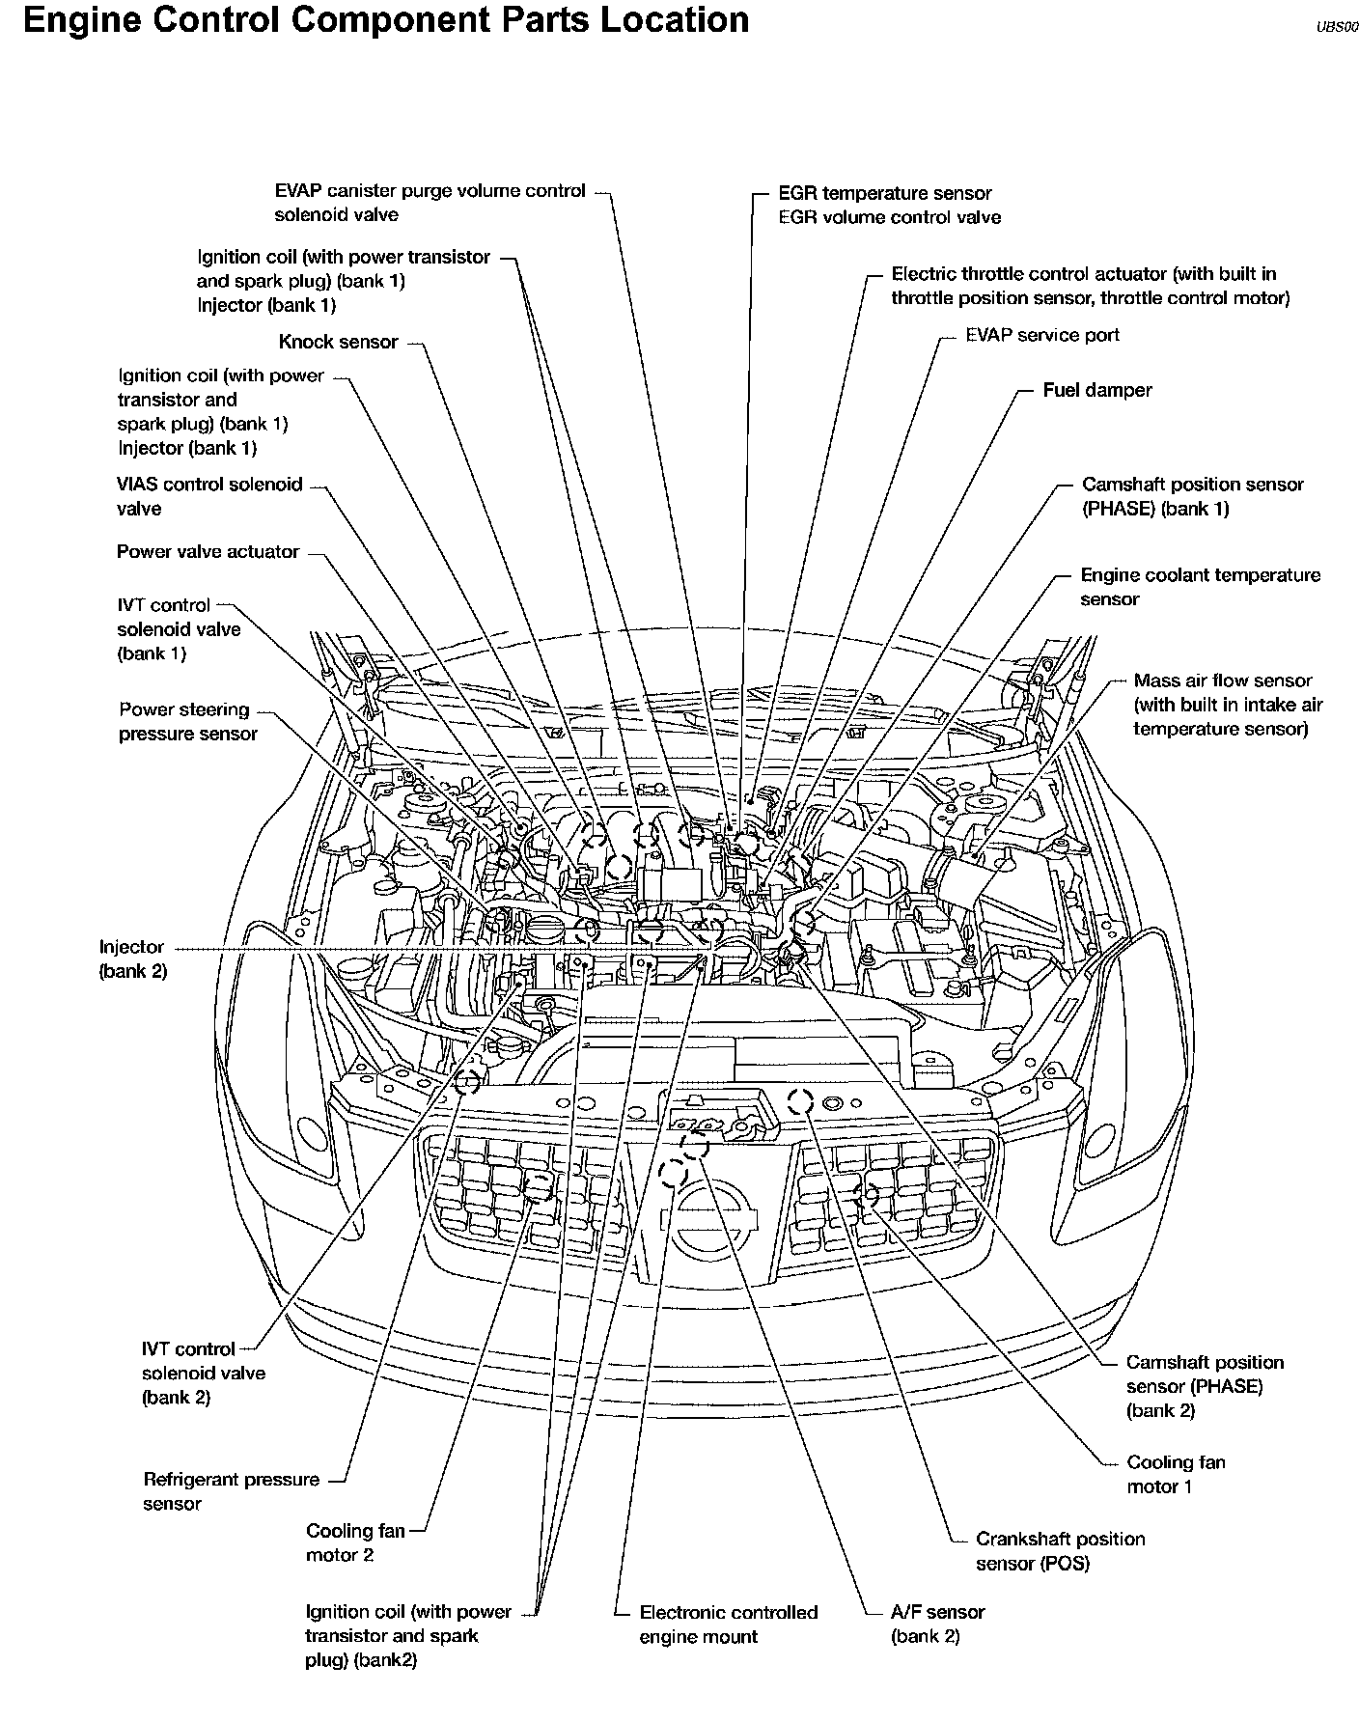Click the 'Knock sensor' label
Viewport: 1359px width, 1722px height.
338,342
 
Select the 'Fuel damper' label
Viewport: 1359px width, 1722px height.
1096,390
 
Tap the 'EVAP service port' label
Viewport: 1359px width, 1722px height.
1041,335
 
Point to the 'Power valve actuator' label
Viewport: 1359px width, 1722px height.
208,552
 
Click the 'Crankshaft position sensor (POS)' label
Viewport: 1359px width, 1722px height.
1060,1551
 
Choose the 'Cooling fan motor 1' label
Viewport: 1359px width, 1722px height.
1176,1474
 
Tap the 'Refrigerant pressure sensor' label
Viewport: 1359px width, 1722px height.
231,1491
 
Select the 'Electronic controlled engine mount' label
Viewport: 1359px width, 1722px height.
728,1625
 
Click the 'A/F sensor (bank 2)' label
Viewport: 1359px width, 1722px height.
937,1624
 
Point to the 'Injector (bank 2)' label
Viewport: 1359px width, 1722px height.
132,959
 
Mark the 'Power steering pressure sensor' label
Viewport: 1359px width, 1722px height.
187,722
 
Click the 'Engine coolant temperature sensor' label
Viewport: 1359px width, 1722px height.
1200,587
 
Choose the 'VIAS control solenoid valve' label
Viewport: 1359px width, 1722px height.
209,496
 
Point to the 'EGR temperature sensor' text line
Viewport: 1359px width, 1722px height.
885,193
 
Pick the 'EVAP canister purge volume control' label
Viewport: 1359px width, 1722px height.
430,191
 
